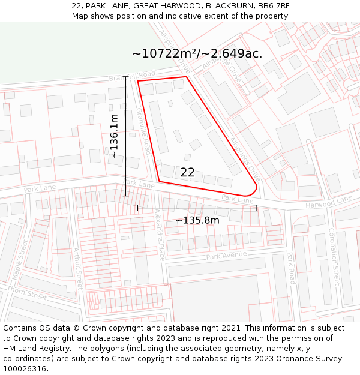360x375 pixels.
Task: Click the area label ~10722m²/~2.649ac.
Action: click(197, 54)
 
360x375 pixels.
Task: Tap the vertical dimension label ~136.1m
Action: click(113, 136)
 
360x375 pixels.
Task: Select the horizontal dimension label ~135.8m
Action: click(197, 220)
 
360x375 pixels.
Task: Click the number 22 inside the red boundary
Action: click(187, 172)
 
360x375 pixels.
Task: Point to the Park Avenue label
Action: click(226, 256)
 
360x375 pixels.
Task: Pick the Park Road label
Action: click(290, 268)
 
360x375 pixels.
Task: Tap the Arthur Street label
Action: click(77, 268)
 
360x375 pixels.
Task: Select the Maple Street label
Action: click(21, 260)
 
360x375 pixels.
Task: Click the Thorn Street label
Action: click(27, 293)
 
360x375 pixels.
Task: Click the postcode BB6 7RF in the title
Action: click(276, 5)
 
